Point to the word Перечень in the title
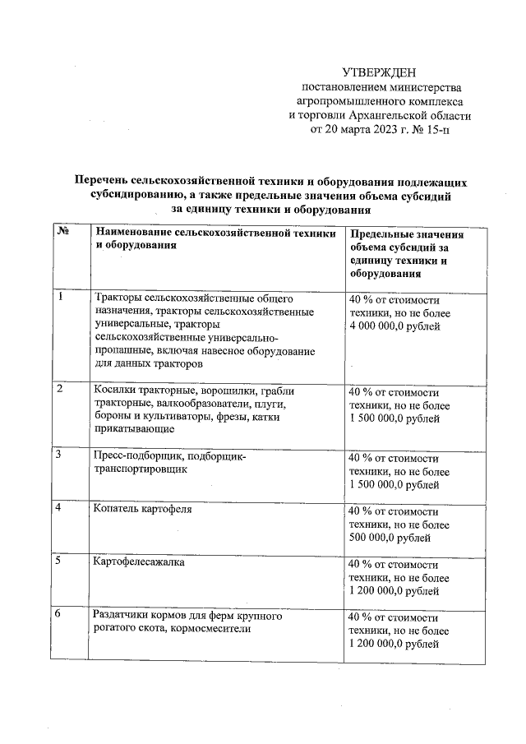104,182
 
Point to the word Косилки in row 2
115,390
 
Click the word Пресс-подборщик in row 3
136,456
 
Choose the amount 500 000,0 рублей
391,538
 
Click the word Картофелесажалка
140,563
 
